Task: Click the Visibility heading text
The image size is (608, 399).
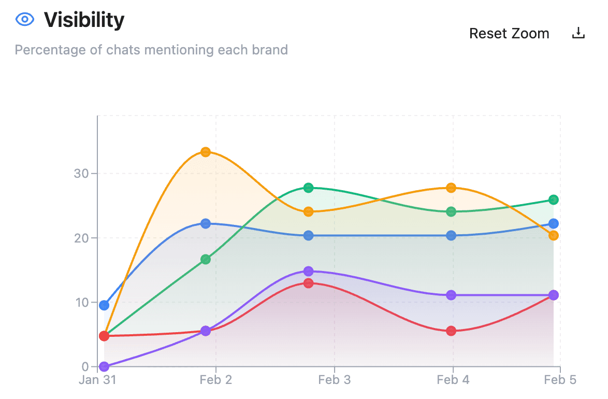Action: (x=84, y=20)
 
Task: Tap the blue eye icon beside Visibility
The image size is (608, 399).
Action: (x=25, y=20)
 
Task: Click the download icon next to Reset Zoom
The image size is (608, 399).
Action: (x=578, y=34)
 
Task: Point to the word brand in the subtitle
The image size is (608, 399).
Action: (x=270, y=50)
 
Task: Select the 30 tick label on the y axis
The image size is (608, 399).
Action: (x=82, y=174)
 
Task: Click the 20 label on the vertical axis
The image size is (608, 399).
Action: (x=82, y=238)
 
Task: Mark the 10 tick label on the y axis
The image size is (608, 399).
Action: (x=82, y=302)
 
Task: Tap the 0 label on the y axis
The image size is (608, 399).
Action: (x=85, y=367)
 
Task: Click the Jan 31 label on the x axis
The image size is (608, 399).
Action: (x=97, y=380)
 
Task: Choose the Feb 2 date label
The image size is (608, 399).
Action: (x=216, y=380)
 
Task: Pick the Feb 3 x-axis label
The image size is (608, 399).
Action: (x=335, y=380)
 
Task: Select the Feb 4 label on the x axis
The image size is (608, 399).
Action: (x=453, y=380)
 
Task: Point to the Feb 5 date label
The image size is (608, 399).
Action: (x=560, y=380)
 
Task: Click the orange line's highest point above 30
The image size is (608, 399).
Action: (x=206, y=152)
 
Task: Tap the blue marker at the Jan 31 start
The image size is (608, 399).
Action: (x=104, y=305)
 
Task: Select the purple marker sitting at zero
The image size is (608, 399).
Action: (x=104, y=366)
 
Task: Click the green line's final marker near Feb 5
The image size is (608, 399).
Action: (x=553, y=199)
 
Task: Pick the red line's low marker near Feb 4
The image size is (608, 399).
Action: (x=451, y=331)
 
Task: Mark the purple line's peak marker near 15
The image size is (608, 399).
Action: (x=308, y=271)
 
